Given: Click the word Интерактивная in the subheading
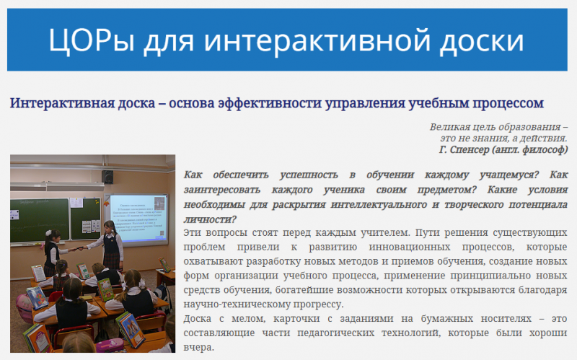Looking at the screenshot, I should coord(56,103).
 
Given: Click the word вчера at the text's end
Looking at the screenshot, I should coord(199,346).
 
